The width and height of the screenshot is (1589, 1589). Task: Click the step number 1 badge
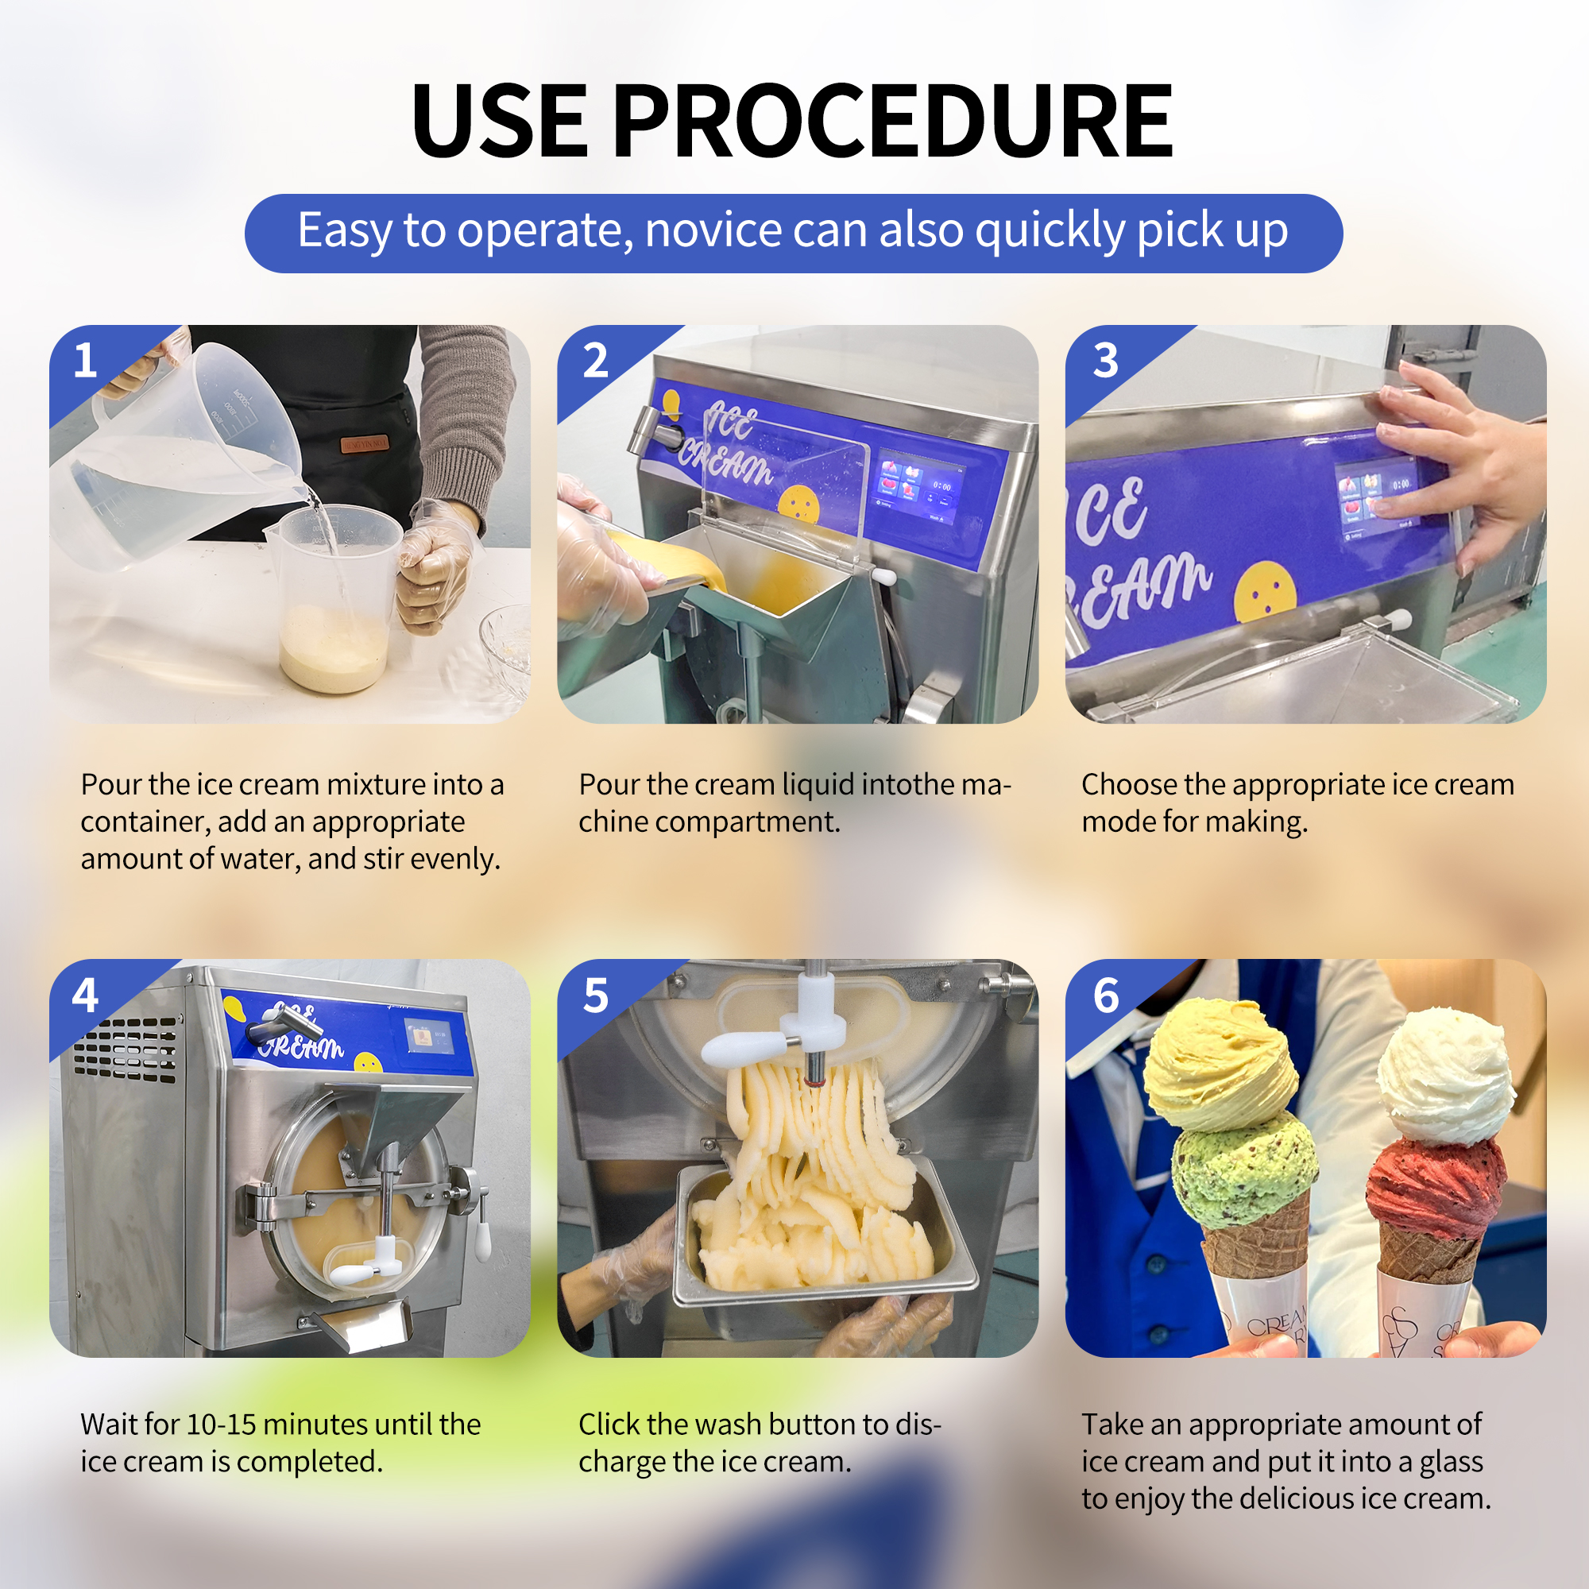86,360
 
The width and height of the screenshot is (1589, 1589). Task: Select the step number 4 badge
86,996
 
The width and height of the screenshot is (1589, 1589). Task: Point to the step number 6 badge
1105,996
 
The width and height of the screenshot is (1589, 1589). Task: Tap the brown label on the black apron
365,444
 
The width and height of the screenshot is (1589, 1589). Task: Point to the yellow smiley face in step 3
1265,592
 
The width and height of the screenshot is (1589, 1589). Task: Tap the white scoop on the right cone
1445,1073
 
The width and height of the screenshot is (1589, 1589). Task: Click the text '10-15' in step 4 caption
220,1425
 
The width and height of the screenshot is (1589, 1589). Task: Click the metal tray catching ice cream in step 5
822,1266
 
